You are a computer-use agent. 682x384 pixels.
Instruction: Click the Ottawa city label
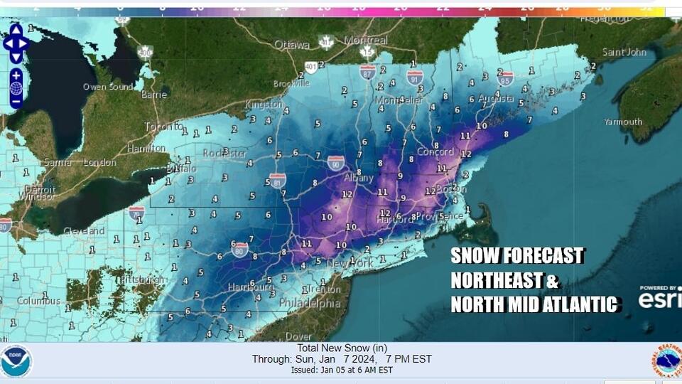[x=292, y=44]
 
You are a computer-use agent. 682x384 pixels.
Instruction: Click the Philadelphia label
[x=319, y=303]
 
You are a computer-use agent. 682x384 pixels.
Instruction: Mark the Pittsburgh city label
[x=143, y=279]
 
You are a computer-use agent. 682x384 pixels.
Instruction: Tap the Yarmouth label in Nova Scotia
[x=622, y=122]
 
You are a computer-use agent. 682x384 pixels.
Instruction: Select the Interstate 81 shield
[x=277, y=180]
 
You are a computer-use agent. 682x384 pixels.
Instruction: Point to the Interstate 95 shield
[x=505, y=78]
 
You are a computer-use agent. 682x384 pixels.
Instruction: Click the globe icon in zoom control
[x=16, y=88]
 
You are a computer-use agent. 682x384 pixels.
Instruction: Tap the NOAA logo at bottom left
[x=16, y=361]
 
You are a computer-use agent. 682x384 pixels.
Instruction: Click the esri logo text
[x=659, y=300]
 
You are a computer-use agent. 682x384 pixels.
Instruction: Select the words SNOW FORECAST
[x=517, y=256]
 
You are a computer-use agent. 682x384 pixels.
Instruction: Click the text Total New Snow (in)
[x=342, y=348]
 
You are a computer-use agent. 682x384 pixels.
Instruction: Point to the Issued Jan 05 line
[x=342, y=370]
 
